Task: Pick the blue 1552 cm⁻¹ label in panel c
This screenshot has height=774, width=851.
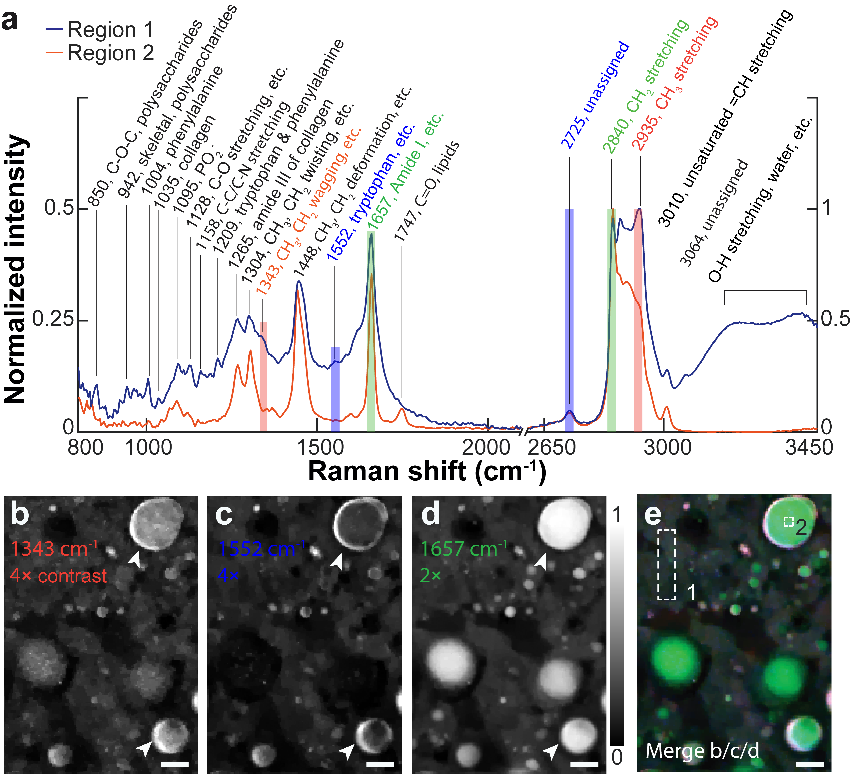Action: coord(262,549)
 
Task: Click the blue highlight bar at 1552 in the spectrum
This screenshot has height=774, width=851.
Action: coord(335,388)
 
